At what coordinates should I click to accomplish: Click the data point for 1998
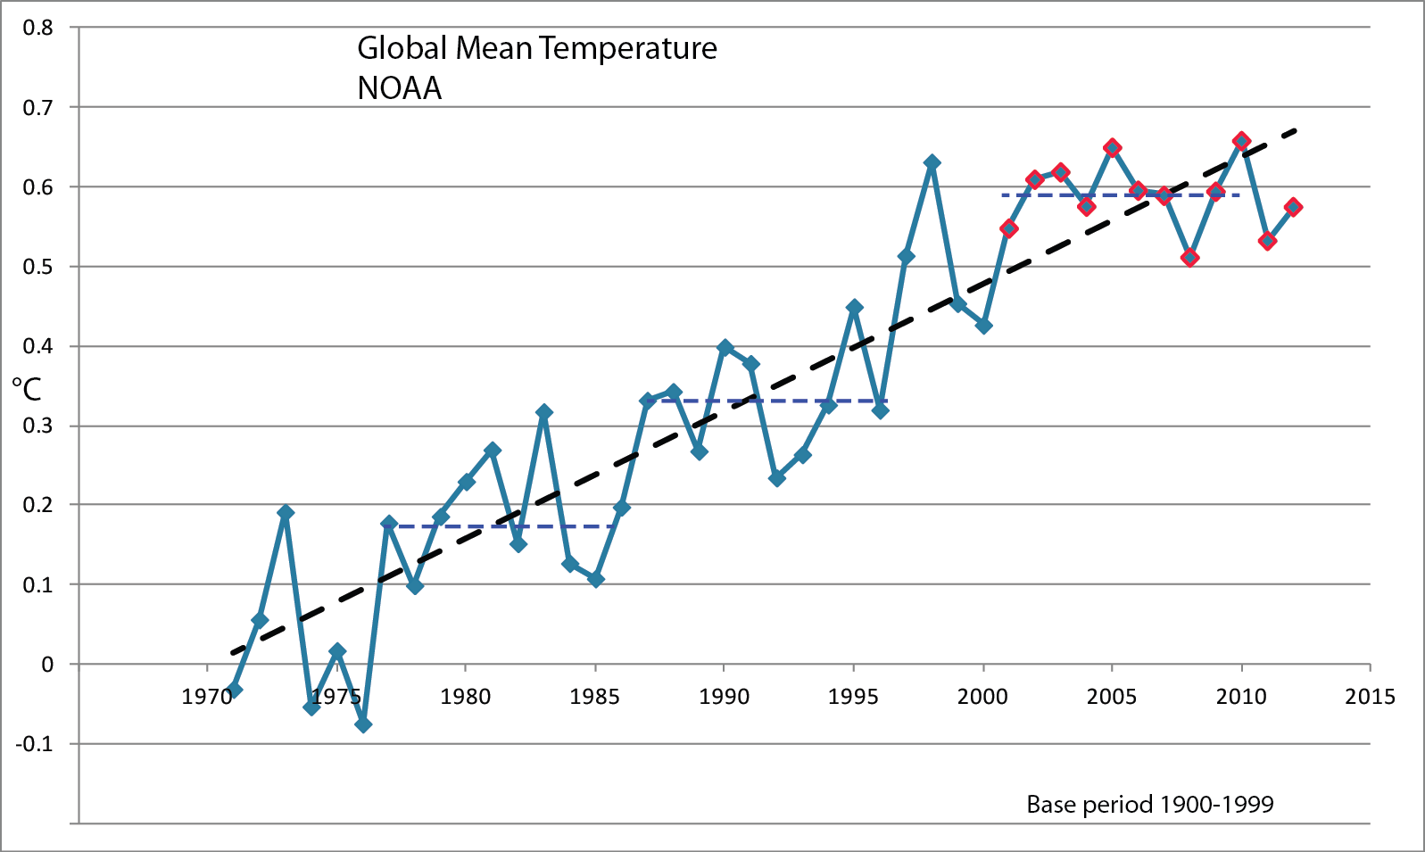(932, 162)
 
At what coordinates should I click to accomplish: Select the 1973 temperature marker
(286, 512)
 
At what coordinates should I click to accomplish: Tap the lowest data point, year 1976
(363, 724)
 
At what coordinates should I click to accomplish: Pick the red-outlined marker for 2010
(1241, 141)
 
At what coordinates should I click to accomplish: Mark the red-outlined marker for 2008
(1189, 258)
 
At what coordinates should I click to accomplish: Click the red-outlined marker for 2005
(1112, 147)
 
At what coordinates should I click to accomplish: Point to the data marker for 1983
(544, 412)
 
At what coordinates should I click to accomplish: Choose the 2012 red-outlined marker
(1293, 207)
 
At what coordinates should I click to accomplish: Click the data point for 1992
(777, 478)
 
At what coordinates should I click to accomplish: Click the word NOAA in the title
(400, 88)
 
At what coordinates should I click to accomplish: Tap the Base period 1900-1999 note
(1150, 805)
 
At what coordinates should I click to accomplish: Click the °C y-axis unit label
(27, 389)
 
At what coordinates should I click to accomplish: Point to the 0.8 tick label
(38, 28)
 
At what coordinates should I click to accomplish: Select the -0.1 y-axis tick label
(35, 743)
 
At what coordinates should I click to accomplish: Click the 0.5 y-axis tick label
(38, 267)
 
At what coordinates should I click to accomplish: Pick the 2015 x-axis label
(1370, 697)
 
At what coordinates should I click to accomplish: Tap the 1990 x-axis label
(724, 697)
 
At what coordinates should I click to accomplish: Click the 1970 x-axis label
(207, 697)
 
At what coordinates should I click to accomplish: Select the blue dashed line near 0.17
(500, 526)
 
